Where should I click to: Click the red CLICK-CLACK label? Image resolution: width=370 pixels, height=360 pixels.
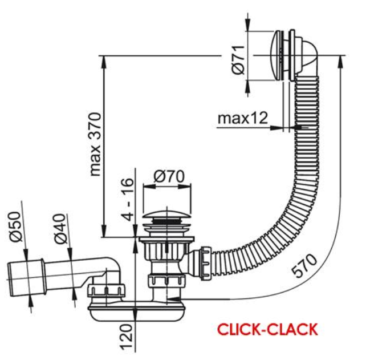tap(267, 329)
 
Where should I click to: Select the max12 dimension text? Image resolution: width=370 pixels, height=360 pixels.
tap(243, 118)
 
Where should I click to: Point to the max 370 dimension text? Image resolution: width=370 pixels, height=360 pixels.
tap(96, 144)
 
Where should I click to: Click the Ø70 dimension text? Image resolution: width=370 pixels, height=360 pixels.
tap(169, 176)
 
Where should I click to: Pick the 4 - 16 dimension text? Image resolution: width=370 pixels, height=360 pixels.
tap(128, 199)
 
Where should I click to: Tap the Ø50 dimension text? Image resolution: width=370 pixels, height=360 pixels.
tap(15, 226)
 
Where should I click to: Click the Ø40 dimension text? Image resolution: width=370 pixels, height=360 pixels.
tap(59, 229)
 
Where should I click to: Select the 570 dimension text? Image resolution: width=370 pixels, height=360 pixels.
tap(304, 265)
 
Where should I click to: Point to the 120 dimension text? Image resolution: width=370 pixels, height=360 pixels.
tap(126, 337)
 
